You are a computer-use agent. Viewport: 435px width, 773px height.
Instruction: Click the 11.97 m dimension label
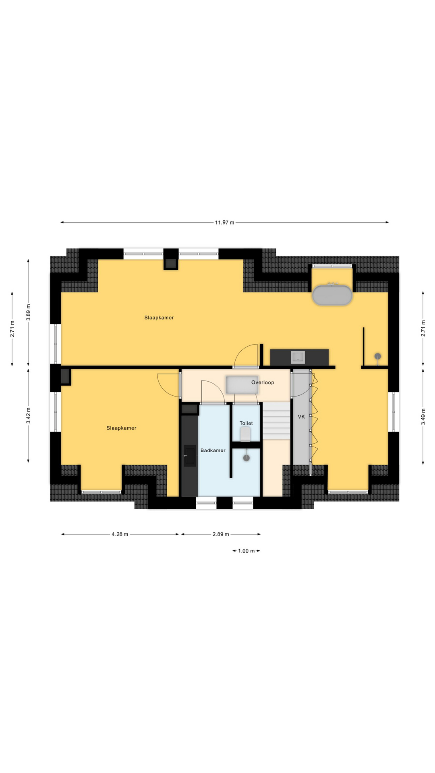(x=224, y=222)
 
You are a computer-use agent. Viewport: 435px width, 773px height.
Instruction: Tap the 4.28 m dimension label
(x=120, y=534)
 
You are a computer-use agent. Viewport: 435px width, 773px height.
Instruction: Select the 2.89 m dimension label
(x=221, y=534)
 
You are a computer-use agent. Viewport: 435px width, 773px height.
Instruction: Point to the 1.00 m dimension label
(x=246, y=551)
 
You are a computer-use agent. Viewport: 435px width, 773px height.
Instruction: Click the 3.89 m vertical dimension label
(x=28, y=312)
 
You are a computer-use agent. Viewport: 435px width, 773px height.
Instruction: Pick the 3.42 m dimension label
(x=28, y=415)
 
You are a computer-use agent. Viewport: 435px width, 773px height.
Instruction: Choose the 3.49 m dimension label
(x=423, y=416)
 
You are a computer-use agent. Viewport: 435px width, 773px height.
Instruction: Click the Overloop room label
(x=263, y=382)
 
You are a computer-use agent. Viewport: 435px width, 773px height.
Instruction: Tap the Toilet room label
(x=246, y=423)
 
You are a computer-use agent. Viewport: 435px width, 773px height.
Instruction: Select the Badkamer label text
(x=213, y=451)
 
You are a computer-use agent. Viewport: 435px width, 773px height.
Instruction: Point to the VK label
(x=301, y=417)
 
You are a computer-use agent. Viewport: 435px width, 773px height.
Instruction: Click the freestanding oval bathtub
(x=332, y=295)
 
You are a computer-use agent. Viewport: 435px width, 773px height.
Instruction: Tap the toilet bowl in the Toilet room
(x=245, y=434)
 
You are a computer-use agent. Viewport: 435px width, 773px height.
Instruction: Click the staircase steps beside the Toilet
(x=276, y=422)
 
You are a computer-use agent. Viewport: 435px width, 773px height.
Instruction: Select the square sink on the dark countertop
(x=298, y=357)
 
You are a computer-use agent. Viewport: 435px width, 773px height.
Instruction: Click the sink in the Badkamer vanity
(x=190, y=456)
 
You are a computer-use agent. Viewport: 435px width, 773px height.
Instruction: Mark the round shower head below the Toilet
(x=246, y=458)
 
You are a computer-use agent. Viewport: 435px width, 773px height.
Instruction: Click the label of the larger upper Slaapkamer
(x=159, y=318)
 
